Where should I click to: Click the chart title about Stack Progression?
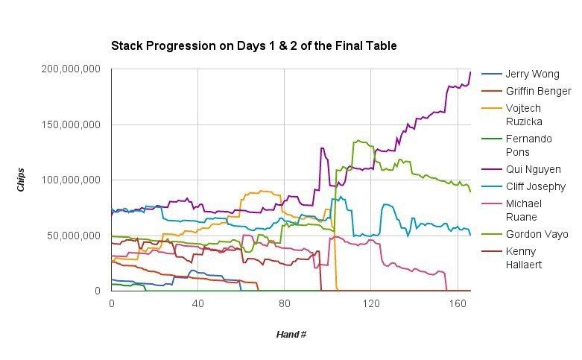click(x=254, y=46)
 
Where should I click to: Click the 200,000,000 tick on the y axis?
click(x=71, y=69)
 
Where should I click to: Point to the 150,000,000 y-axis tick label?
click(x=71, y=124)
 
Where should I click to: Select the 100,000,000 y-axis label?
click(x=71, y=180)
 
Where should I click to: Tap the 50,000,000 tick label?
click(x=74, y=236)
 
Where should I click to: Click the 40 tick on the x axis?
click(x=197, y=304)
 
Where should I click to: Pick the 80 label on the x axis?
click(x=284, y=304)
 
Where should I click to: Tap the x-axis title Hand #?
click(x=291, y=335)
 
